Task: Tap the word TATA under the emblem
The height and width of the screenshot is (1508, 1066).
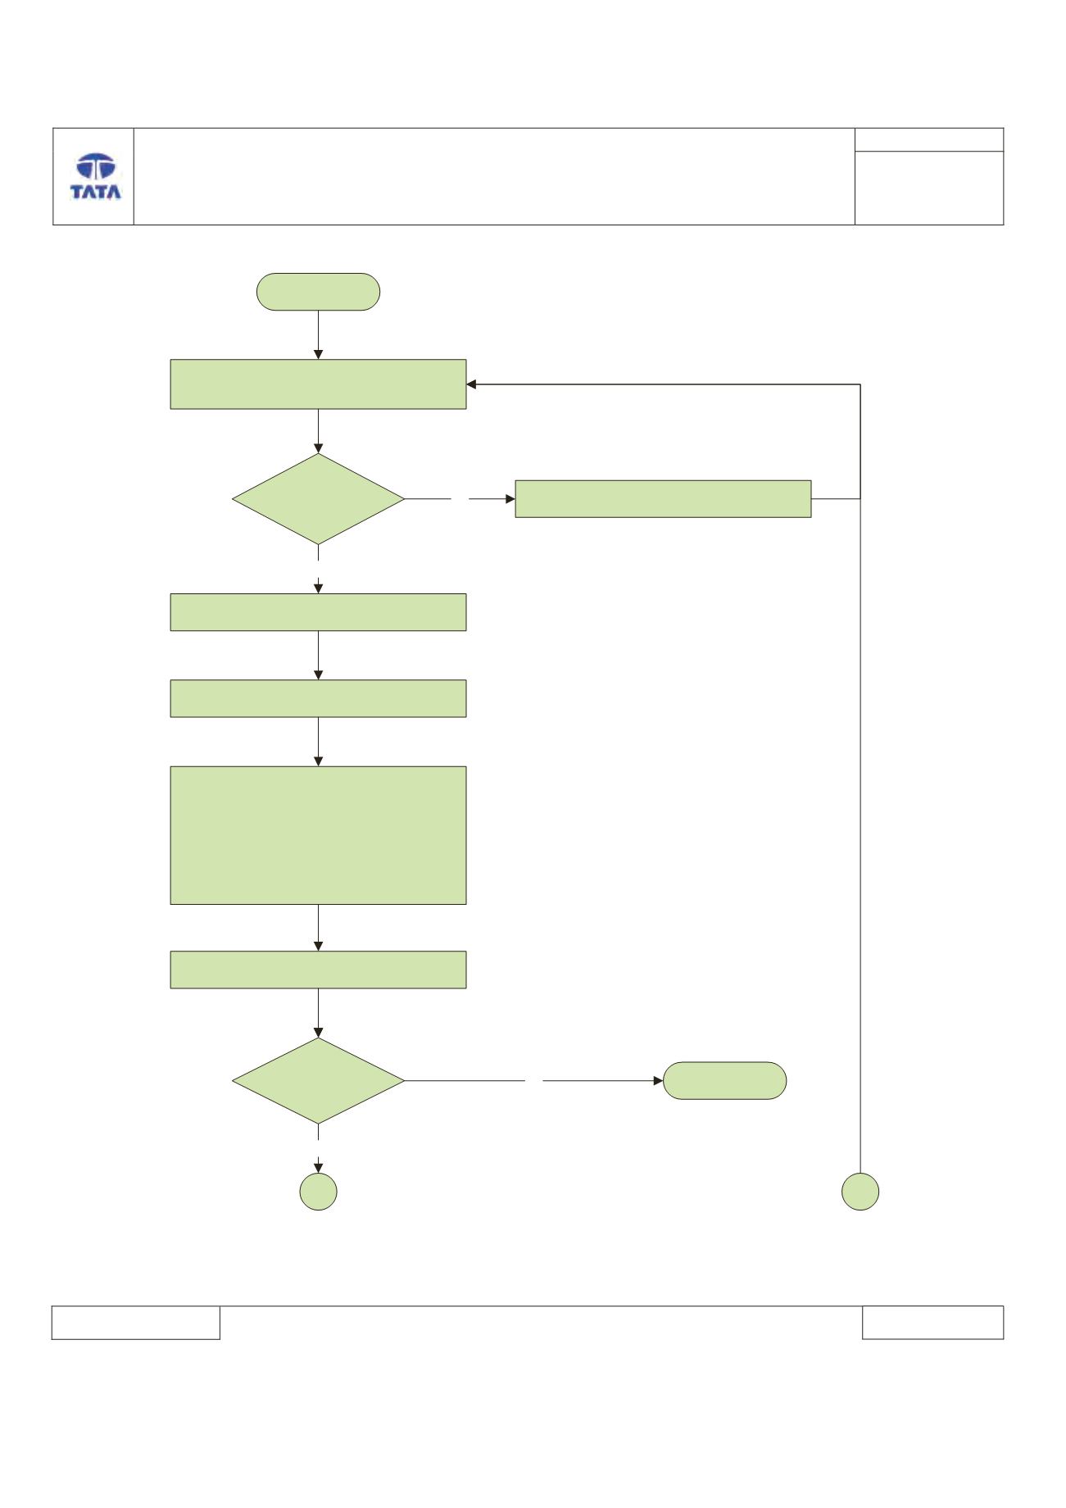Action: [x=96, y=193]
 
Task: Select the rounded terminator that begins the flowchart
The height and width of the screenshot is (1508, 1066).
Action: [x=318, y=292]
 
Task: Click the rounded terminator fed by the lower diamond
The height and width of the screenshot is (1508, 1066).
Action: [x=725, y=1080]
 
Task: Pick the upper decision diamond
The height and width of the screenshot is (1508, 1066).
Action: [x=318, y=499]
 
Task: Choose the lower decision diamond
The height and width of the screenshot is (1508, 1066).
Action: [x=318, y=1081]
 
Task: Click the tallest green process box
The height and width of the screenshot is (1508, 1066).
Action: [x=318, y=835]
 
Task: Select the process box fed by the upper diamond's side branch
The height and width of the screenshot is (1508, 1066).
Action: [x=663, y=498]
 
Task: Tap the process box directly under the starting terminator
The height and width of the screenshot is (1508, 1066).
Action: [x=318, y=384]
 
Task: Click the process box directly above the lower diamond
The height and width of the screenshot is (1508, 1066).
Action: [x=318, y=970]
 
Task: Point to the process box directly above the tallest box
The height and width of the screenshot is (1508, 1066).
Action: [x=318, y=698]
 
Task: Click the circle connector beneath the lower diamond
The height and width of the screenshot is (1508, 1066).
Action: [x=318, y=1192]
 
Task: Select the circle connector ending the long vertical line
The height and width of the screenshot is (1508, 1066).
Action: [x=860, y=1192]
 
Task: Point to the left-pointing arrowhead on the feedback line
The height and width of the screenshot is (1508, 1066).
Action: [x=472, y=384]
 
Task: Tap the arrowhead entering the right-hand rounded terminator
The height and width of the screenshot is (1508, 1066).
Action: [x=658, y=1081]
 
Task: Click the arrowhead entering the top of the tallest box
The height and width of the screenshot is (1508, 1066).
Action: [x=318, y=761]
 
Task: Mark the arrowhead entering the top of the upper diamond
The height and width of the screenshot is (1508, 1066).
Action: [x=318, y=448]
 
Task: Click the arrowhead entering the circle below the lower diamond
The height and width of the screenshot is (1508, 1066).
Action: [x=318, y=1168]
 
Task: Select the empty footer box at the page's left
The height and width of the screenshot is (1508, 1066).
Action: [x=136, y=1322]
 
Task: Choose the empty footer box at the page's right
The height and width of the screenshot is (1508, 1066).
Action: [x=932, y=1322]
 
